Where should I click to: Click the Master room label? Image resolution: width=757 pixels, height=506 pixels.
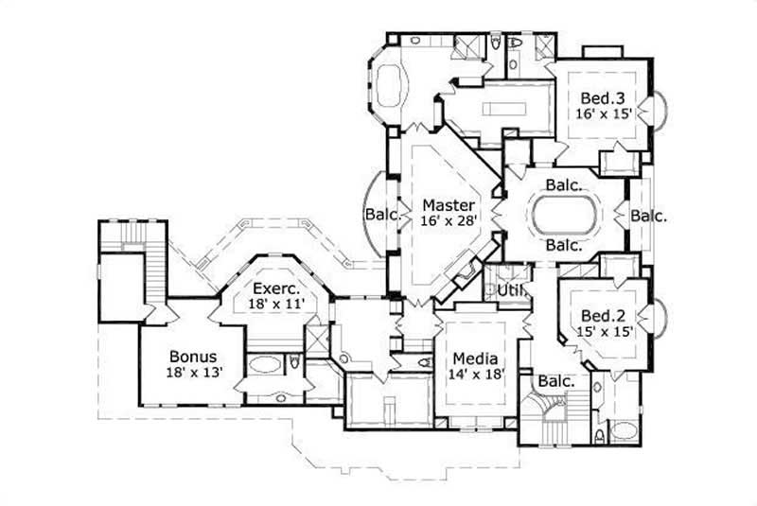(449, 204)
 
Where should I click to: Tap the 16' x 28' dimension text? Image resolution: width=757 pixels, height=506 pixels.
(449, 220)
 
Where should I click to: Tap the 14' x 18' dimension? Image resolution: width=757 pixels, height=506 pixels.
(475, 375)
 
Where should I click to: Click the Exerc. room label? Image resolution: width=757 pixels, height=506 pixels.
(275, 289)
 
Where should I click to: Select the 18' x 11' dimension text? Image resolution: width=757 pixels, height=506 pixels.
(275, 305)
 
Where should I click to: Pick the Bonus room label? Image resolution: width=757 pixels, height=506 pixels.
(193, 357)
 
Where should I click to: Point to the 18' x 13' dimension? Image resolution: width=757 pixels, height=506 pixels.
(193, 373)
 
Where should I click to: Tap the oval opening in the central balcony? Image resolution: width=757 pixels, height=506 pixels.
(565, 216)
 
